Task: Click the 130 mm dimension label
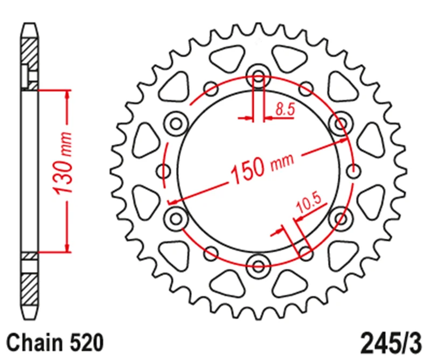[x=62, y=164]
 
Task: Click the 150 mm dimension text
[x=262, y=168]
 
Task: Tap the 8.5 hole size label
[x=286, y=109]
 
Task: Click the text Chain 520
[x=55, y=343]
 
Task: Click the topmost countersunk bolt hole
[x=259, y=76]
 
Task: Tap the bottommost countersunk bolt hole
[x=259, y=266]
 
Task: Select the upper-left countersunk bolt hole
[x=176, y=123]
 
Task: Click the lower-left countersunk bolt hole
[x=176, y=219]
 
